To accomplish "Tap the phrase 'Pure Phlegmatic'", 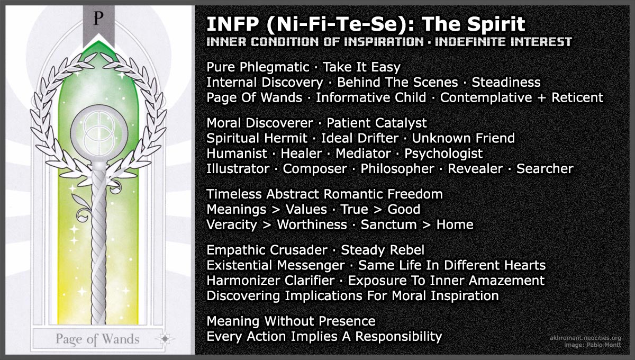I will [258, 67].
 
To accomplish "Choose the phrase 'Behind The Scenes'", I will [397, 83].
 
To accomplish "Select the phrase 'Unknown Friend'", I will [463, 138].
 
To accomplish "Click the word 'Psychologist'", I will [443, 154].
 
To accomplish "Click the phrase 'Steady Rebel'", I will [383, 250].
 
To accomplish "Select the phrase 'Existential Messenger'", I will [276, 265].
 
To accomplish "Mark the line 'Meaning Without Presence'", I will [291, 321].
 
